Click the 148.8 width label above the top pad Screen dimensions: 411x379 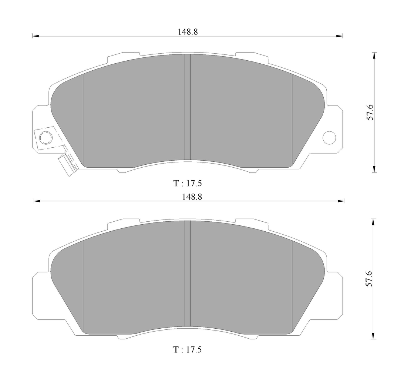tap(188, 32)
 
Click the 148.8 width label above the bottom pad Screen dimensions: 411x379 tap(192, 197)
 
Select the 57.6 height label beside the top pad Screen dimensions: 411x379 tap(370, 112)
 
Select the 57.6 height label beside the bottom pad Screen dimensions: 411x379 tap(369, 279)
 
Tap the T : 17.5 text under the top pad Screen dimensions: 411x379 tap(188, 183)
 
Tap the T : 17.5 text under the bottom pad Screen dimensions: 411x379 tap(188, 349)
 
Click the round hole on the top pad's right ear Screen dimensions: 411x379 tap(329, 138)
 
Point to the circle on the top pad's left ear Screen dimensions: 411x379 tap(46, 138)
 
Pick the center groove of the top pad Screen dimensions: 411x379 tap(188, 107)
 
